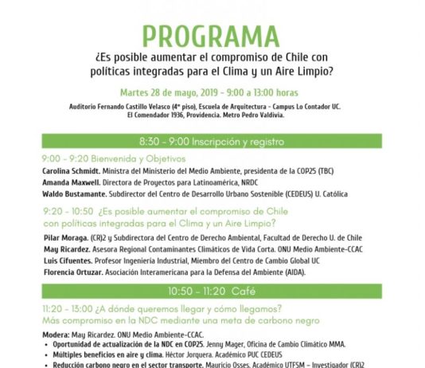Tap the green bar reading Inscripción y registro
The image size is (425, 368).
212,141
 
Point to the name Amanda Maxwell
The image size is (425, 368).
68,181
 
